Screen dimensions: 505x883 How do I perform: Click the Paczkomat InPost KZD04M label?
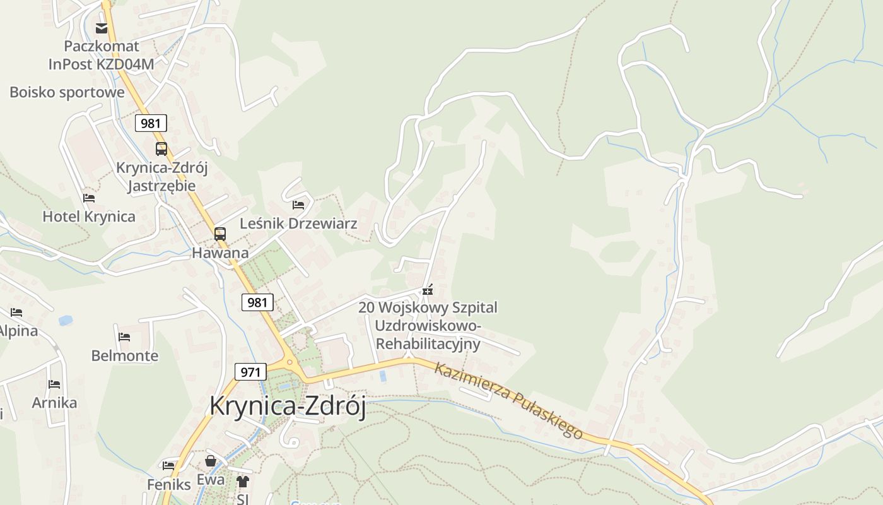[102, 55]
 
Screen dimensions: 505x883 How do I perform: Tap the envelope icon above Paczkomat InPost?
[102, 28]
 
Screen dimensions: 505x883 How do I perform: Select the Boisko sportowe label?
[67, 92]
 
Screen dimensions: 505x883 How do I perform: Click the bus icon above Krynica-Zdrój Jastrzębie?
[161, 149]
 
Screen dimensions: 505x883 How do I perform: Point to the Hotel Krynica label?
[89, 217]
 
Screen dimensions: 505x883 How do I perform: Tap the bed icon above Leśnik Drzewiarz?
[298, 205]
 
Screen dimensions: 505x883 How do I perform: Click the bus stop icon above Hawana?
[220, 234]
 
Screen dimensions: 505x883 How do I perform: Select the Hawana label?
[220, 253]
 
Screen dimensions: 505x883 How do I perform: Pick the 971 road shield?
[250, 372]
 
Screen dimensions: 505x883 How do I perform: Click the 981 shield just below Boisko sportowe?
[151, 123]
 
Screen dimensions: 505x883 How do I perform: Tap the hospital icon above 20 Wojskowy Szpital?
[428, 290]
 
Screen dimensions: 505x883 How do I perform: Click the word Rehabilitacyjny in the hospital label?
[428, 344]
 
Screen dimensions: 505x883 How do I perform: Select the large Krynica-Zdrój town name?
[288, 406]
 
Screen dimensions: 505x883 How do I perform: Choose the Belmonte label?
[125, 355]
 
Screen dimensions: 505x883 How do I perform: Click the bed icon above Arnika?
[54, 384]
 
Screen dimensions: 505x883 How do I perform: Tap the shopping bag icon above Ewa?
[211, 461]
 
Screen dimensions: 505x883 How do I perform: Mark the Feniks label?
[169, 485]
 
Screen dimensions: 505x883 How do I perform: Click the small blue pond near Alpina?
[66, 321]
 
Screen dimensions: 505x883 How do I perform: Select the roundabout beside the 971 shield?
[291, 363]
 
